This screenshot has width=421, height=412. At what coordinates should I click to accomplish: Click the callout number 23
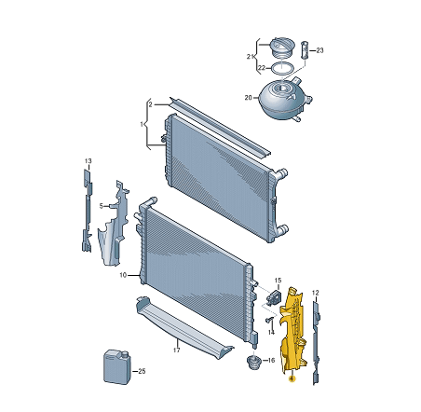[x=319, y=50]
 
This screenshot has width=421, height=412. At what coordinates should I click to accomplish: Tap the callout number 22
[x=262, y=68]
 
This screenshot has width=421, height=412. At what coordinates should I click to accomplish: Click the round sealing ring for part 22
[x=282, y=68]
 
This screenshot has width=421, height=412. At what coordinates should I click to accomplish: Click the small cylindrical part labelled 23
[x=306, y=50]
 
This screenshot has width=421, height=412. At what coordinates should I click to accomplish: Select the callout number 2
[x=150, y=104]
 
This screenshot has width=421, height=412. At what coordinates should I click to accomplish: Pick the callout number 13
[x=88, y=161]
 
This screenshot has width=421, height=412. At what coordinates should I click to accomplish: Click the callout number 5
[x=101, y=206]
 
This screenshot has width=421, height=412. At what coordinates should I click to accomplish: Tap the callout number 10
[x=123, y=275]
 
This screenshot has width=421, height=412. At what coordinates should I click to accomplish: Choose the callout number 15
[x=278, y=281]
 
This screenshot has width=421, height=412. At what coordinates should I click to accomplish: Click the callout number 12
[x=315, y=293]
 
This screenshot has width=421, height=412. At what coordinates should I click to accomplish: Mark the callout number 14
[x=271, y=332]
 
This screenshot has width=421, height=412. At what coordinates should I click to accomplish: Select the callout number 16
[x=271, y=360]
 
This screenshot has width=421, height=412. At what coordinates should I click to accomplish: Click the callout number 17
[x=176, y=350]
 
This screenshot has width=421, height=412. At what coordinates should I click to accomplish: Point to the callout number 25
[x=142, y=371]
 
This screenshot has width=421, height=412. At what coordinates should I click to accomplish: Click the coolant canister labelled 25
[x=117, y=367]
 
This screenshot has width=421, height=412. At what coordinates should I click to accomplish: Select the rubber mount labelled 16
[x=252, y=363]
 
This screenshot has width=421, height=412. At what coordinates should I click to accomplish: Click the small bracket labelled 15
[x=273, y=296]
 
